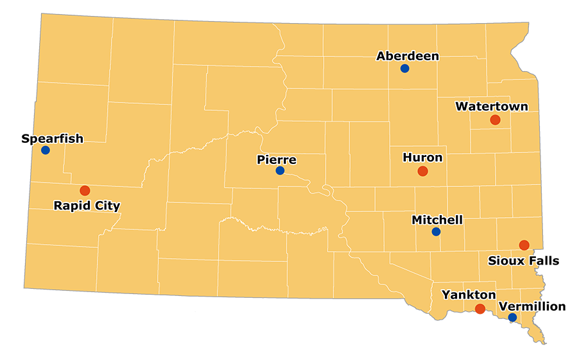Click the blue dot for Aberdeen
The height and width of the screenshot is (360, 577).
(x=405, y=69)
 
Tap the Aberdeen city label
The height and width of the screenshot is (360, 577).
(x=408, y=56)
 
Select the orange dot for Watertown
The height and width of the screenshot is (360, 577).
(x=495, y=120)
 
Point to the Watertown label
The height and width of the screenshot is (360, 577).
(x=492, y=106)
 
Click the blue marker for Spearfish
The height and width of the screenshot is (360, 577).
(x=46, y=150)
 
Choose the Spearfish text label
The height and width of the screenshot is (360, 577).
(x=52, y=138)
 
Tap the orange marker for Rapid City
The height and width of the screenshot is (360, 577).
(x=85, y=190)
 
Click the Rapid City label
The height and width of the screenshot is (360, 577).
(x=87, y=206)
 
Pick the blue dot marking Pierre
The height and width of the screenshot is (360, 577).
(x=280, y=170)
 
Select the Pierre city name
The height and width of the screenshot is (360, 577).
(x=276, y=160)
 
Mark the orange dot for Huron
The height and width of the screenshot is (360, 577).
(x=422, y=171)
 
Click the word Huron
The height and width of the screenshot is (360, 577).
(x=422, y=158)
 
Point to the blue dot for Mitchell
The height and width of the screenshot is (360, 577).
(x=436, y=232)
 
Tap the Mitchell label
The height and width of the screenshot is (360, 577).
(x=437, y=220)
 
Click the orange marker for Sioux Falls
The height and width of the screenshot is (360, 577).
(x=524, y=245)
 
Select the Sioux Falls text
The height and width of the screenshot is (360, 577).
(x=524, y=261)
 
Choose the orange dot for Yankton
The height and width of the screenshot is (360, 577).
(x=480, y=309)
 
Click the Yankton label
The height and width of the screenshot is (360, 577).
(x=469, y=295)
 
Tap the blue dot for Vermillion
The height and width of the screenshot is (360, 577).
(x=512, y=317)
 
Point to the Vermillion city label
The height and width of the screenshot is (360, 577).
(x=532, y=306)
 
